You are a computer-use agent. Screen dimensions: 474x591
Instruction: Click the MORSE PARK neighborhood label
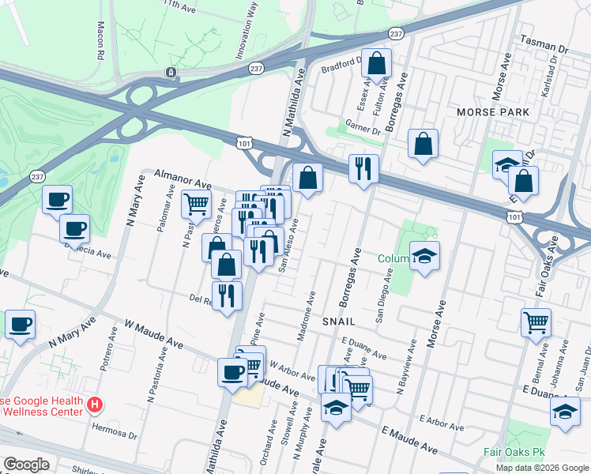coord(493,113)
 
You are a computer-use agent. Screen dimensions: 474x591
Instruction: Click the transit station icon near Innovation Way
coord(171,73)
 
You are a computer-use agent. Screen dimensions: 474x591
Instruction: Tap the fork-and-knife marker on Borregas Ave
coord(363,169)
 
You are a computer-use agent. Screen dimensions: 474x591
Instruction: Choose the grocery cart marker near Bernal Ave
coord(536,322)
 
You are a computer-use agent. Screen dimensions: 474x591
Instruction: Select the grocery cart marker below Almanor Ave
coord(197,204)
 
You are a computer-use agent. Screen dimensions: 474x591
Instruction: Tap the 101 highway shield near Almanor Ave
coord(243,141)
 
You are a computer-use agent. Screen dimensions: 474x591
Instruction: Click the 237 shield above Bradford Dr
coord(397,33)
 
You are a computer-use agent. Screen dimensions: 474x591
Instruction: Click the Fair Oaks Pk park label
coord(511,455)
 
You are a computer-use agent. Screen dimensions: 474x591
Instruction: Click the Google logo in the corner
coord(26,465)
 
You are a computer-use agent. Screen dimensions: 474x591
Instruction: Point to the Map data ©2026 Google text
coord(542,468)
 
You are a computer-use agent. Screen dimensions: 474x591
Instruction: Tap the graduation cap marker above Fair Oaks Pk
coord(565,412)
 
